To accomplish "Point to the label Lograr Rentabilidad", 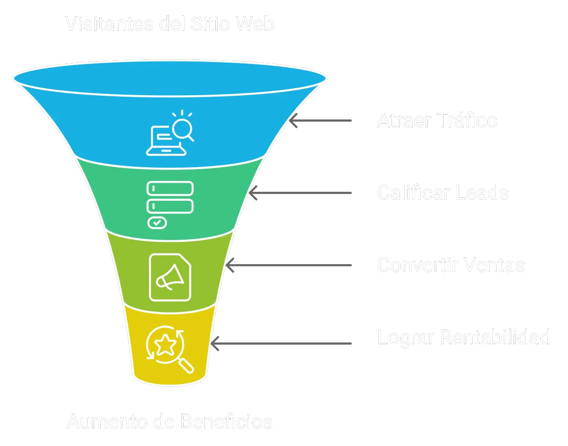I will click(x=464, y=337).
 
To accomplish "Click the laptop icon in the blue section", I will click(x=160, y=141).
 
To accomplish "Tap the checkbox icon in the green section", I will click(x=157, y=222).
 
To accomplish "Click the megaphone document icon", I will click(x=170, y=277).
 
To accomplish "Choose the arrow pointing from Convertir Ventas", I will click(x=288, y=265).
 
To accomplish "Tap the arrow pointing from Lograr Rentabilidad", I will click(x=281, y=342).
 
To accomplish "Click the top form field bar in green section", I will click(x=170, y=188).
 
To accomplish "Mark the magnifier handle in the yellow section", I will click(x=187, y=366).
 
